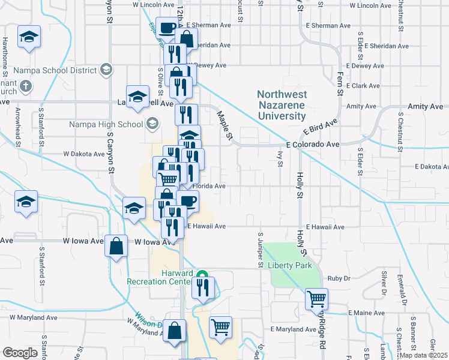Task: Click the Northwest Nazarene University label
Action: pos(282,105)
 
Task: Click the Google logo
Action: pos(20,353)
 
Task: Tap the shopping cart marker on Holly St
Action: pos(316,298)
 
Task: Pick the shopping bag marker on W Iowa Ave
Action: pos(116,245)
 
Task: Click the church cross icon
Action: pos(25,86)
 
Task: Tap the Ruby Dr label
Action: pos(339,278)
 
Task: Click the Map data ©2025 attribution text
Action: pos(424,355)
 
